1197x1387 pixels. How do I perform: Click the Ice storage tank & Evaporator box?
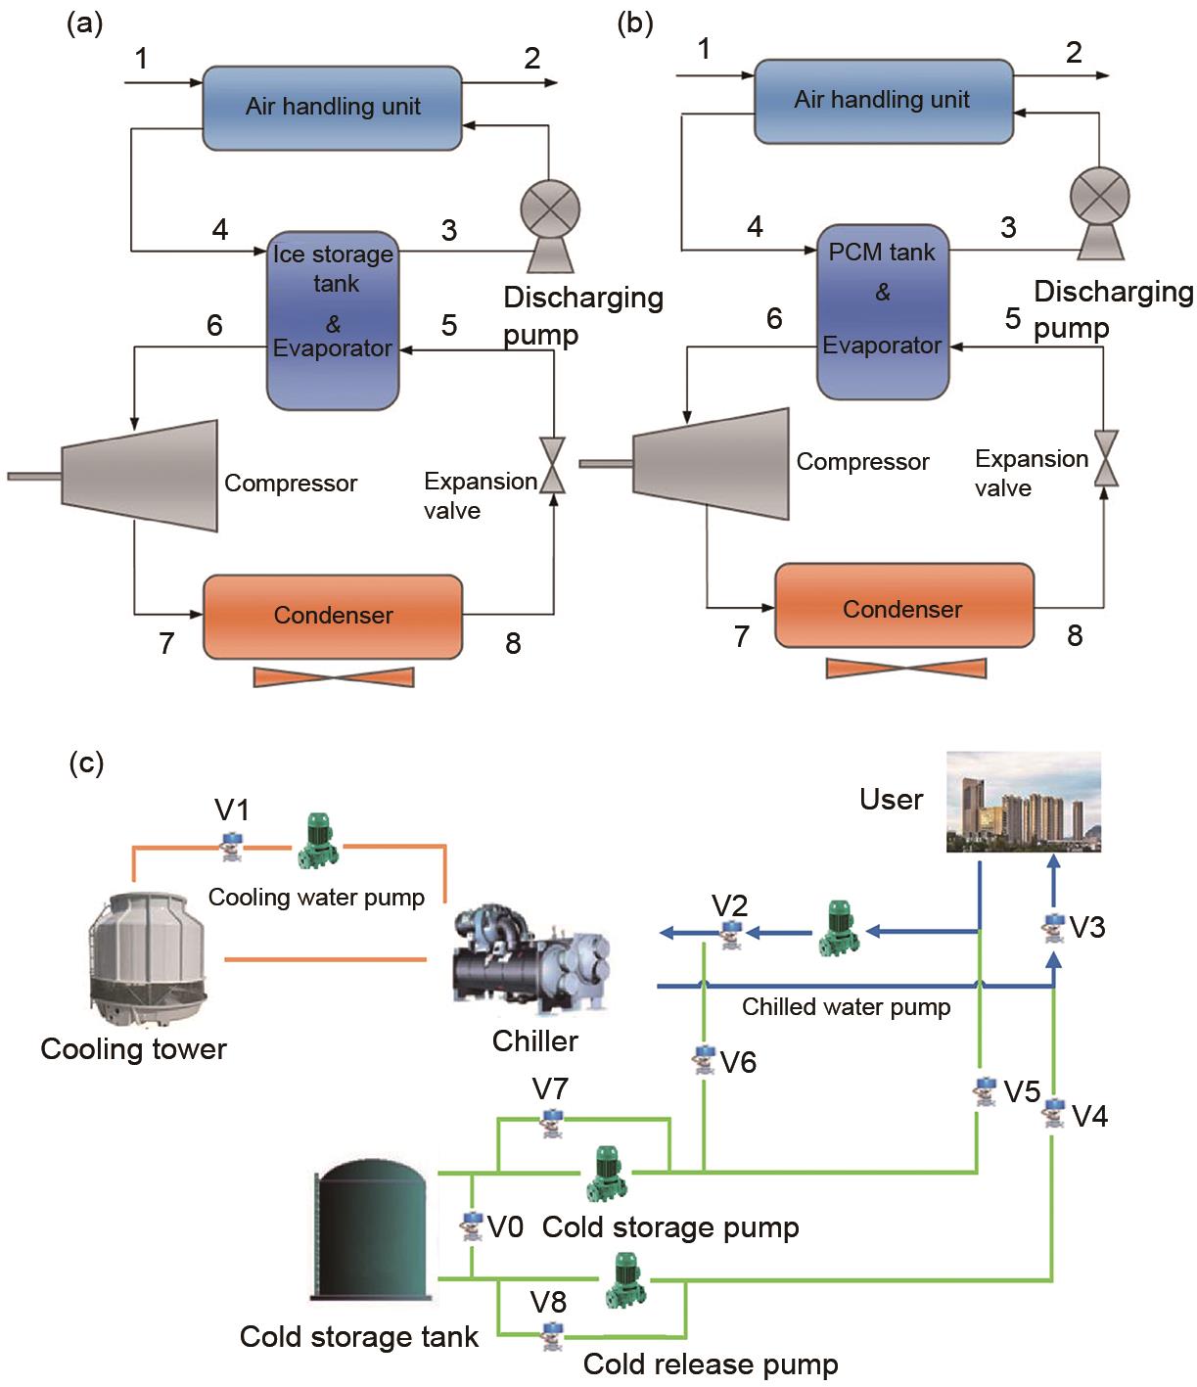pos(333,320)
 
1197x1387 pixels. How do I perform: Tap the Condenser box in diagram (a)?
pos(333,616)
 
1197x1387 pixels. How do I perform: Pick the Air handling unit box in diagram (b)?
pos(883,101)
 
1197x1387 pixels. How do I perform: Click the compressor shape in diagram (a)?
pos(140,476)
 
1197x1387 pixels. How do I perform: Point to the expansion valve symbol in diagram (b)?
pos(1106,457)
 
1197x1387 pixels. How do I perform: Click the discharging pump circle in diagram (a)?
pos(549,211)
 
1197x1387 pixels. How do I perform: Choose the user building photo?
pos(1024,802)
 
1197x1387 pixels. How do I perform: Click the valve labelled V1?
pos(232,845)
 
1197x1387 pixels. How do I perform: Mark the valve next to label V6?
pos(704,1060)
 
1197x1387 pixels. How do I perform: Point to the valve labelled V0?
pos(473,1225)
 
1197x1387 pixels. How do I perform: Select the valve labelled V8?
pos(552,1335)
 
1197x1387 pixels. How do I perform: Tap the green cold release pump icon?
pos(623,1280)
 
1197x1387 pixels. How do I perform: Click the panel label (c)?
pos(85,762)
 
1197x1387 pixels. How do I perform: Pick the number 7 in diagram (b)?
pos(742,636)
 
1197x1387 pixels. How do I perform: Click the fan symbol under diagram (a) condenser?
pos(333,676)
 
